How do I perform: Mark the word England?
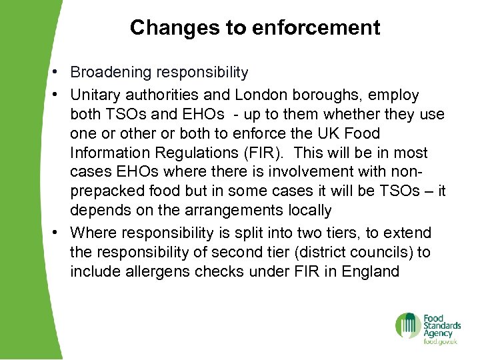coord(370,271)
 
